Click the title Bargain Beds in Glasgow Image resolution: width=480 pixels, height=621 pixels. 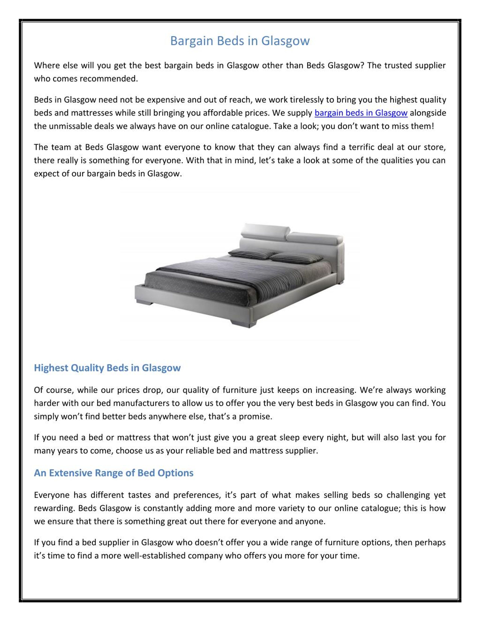click(240, 41)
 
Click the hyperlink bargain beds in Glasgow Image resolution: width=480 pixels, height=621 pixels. click(361, 113)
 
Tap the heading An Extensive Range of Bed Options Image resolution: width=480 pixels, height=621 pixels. click(113, 473)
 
